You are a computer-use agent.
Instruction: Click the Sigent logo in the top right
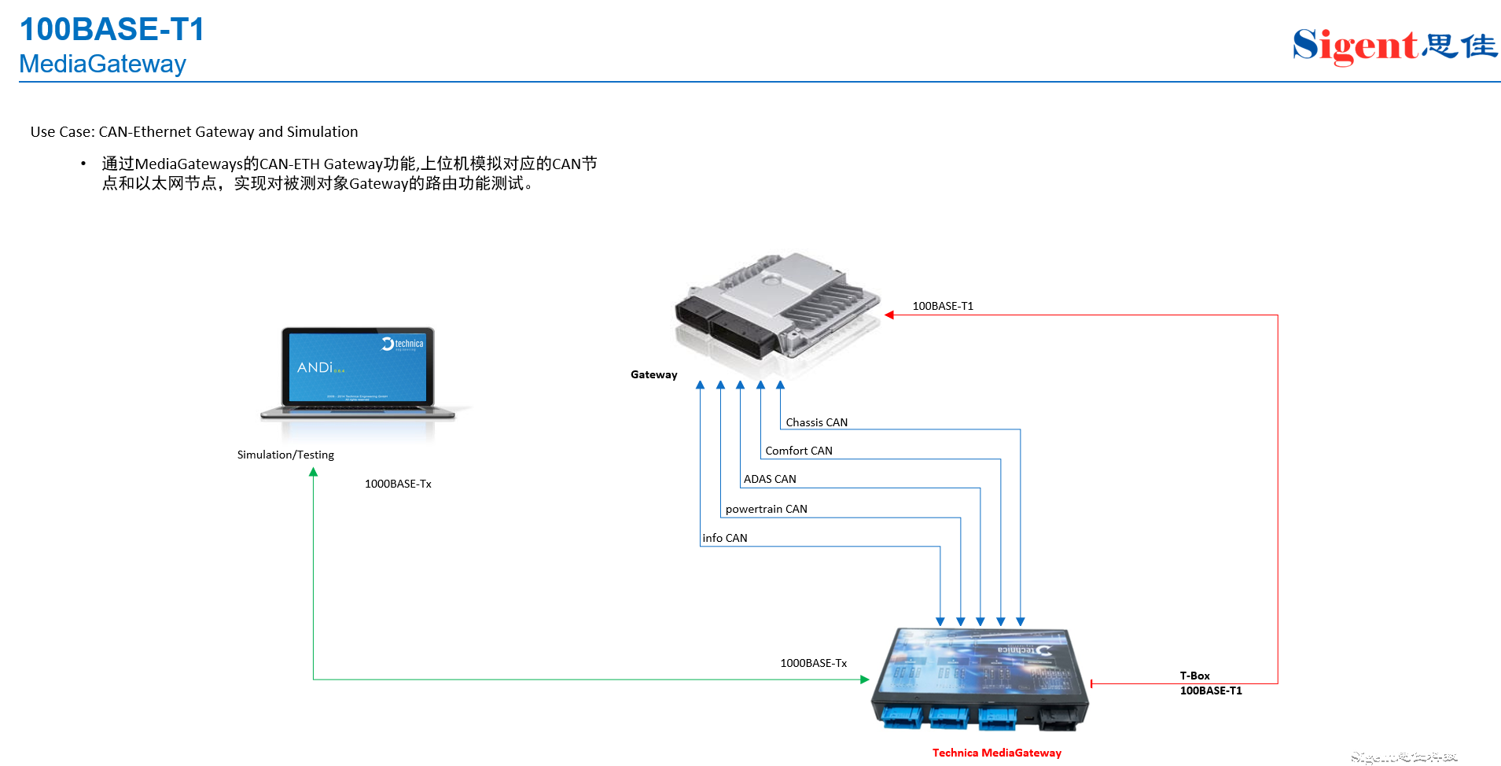1394,46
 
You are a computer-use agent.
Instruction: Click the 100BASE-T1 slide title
112,30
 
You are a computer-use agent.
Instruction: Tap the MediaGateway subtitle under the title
102,64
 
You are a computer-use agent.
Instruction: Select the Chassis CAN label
816,422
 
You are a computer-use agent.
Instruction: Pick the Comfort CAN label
798,451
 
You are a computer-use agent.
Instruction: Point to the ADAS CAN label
770,479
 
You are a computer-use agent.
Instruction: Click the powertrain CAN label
766,509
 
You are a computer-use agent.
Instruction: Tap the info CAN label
725,538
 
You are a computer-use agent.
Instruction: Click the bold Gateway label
653,374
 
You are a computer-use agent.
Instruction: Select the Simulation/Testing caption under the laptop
285,455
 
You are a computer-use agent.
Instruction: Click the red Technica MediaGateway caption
996,753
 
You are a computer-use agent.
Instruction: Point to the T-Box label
1194,676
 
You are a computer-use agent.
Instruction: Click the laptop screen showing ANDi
357,367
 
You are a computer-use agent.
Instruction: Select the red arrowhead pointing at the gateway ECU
889,315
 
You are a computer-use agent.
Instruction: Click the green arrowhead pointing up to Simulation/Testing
313,473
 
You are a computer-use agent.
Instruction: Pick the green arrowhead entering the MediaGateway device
864,679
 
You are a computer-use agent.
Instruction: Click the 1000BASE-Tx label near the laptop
398,484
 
